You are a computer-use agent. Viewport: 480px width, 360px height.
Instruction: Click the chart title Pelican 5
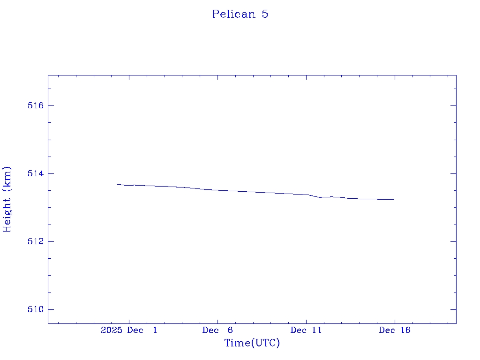click(x=240, y=14)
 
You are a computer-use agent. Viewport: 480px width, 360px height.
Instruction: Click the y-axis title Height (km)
click(x=7, y=199)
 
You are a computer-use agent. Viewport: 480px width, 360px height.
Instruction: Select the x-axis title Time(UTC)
click(x=252, y=343)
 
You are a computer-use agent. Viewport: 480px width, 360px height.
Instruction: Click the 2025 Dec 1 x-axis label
click(x=129, y=330)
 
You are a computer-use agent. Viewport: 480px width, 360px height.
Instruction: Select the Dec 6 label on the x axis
click(x=217, y=330)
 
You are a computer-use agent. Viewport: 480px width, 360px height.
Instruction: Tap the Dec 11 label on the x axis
click(x=306, y=330)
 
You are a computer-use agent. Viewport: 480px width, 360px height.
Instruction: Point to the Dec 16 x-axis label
click(x=394, y=330)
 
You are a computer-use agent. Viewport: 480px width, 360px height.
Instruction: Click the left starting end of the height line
click(x=117, y=184)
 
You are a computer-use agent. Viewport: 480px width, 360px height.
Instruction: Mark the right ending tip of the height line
click(x=394, y=199)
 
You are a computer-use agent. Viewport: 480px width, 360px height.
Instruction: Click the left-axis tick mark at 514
click(x=51, y=173)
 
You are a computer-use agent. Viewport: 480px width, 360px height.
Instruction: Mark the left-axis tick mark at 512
click(x=51, y=241)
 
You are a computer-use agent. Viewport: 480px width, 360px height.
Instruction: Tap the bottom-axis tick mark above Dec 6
click(x=217, y=321)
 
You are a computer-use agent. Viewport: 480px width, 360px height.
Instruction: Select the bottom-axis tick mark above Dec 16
click(x=394, y=321)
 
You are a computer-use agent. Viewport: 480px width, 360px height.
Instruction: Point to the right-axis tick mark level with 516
click(x=453, y=105)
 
